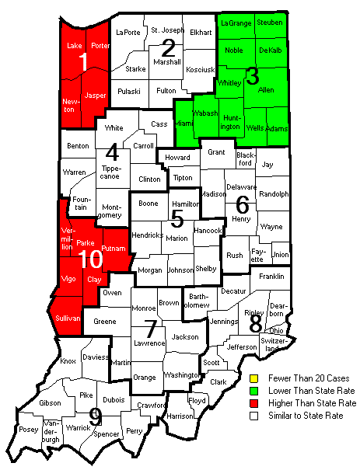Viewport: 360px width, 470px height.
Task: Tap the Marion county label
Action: (x=177, y=238)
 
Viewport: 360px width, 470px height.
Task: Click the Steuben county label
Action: (x=270, y=23)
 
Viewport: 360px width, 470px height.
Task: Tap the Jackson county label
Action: (x=185, y=336)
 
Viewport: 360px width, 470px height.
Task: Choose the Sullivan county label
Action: (x=67, y=319)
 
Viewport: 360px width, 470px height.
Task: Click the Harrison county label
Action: (x=180, y=416)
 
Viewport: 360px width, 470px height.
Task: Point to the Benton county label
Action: (x=78, y=145)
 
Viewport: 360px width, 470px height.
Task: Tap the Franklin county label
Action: (x=271, y=276)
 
